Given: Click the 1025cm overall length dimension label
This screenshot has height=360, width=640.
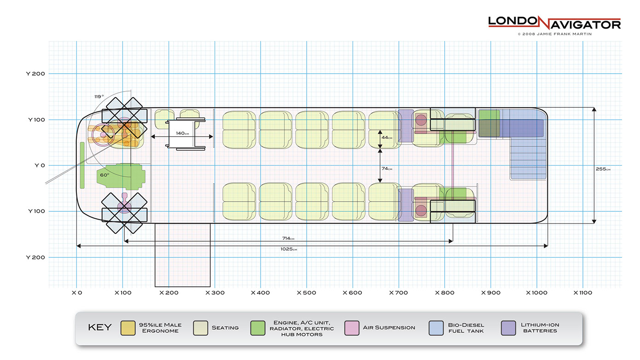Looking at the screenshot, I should pos(288,249).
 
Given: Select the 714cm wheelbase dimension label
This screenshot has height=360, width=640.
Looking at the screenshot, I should pos(288,238).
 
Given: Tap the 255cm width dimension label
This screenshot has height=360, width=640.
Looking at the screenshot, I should pos(603,169).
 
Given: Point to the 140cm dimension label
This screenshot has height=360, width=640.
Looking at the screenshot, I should pos(182,133).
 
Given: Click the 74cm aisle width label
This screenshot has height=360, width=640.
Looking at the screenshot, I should pos(387,169).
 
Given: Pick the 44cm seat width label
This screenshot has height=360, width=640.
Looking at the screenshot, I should pos(387,138).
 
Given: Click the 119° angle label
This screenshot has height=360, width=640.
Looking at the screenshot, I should pos(99,97).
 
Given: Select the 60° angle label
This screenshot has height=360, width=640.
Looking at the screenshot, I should pos(105,175).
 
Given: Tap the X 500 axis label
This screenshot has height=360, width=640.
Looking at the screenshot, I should pos(306,293).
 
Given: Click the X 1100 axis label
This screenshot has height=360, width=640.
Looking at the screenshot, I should pos(583,293).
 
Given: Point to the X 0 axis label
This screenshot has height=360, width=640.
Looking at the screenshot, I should pos(76,293).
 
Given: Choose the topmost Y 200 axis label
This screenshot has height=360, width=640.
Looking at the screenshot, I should pos(35,74).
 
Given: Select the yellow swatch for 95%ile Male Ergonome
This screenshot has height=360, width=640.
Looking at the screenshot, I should pos(128,328).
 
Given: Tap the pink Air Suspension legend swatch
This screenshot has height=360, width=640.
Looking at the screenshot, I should pos(352,328).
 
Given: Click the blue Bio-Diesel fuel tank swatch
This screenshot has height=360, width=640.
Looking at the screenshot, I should pos(436,328).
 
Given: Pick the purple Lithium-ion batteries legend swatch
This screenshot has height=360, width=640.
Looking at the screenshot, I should pos(509,328).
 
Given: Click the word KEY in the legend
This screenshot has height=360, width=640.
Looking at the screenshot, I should pos(99,328).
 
